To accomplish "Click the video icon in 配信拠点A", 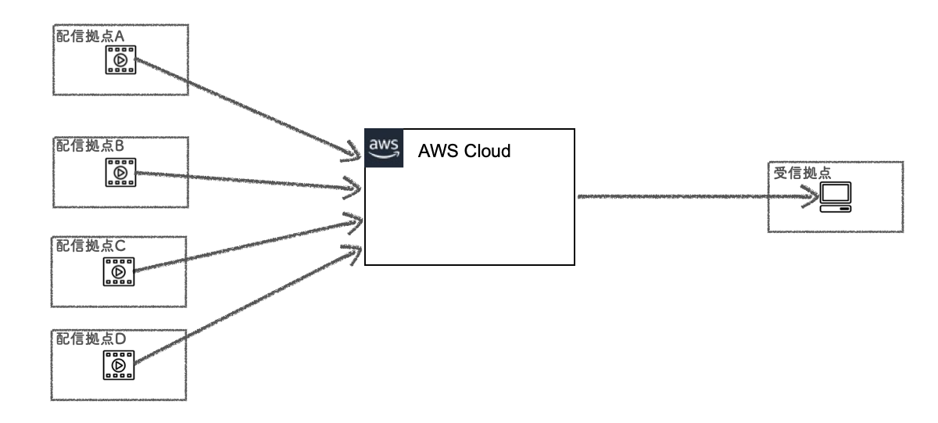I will pos(120,60).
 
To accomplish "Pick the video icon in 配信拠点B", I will pos(120,172).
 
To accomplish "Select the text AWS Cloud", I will pos(464,151).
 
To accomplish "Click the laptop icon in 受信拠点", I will pos(835,198).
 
